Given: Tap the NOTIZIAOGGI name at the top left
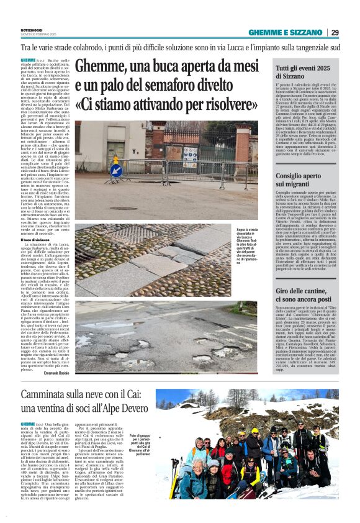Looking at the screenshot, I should click(32, 30).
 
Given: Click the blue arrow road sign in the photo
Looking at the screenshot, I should click(115, 170).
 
